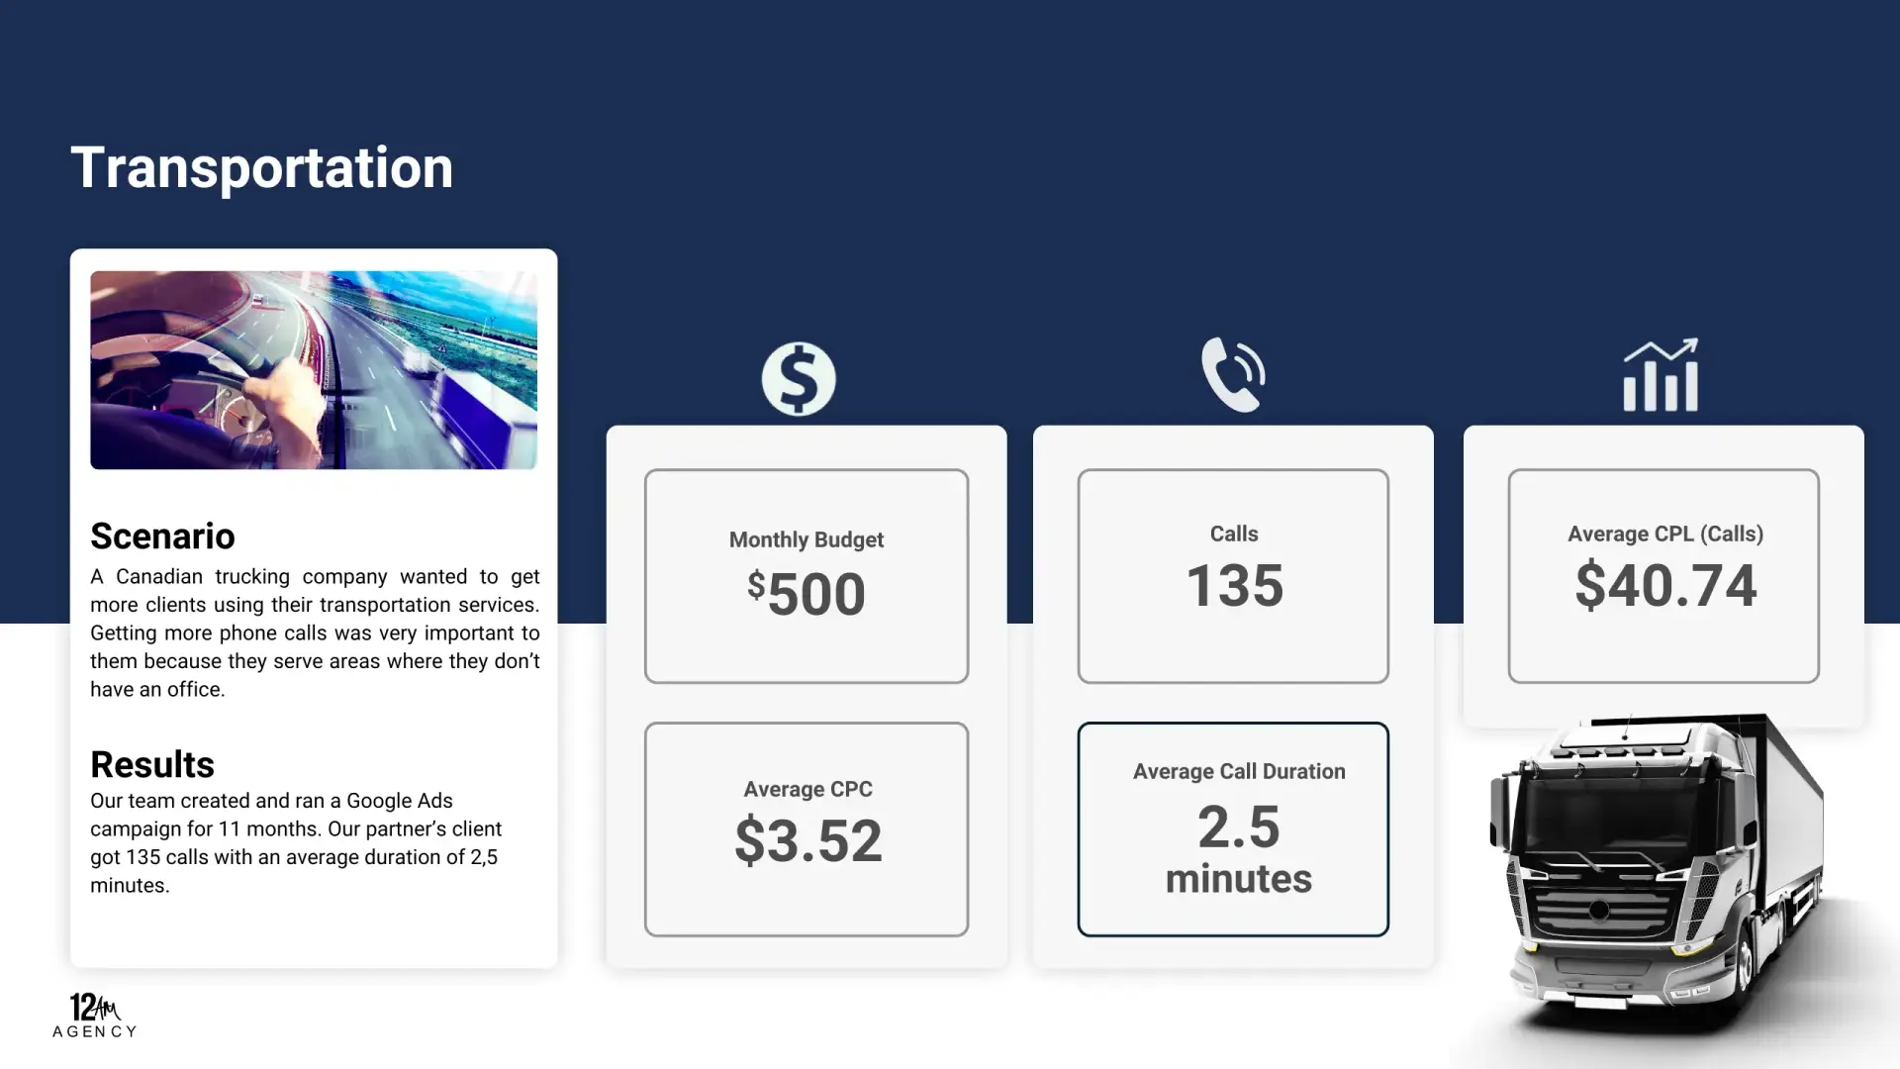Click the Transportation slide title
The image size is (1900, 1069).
pos(262,167)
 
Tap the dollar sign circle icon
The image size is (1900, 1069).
pos(799,379)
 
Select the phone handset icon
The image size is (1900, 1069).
pos(1233,374)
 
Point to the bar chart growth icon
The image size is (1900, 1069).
pos(1661,375)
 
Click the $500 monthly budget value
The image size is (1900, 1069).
pos(807,593)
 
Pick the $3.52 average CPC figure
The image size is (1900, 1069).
pos(807,840)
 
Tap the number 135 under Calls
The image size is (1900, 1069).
pos(1234,585)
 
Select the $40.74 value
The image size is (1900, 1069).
pos(1665,585)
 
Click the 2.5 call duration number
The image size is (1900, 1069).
pos(1238,826)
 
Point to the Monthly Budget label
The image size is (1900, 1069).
pos(807,539)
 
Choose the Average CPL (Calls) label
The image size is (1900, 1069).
pos(1665,534)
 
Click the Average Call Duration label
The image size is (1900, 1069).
pos(1239,771)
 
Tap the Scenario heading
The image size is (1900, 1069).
pos(162,535)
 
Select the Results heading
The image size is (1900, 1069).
pos(152,764)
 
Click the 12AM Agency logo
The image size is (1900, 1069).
pos(95,1016)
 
